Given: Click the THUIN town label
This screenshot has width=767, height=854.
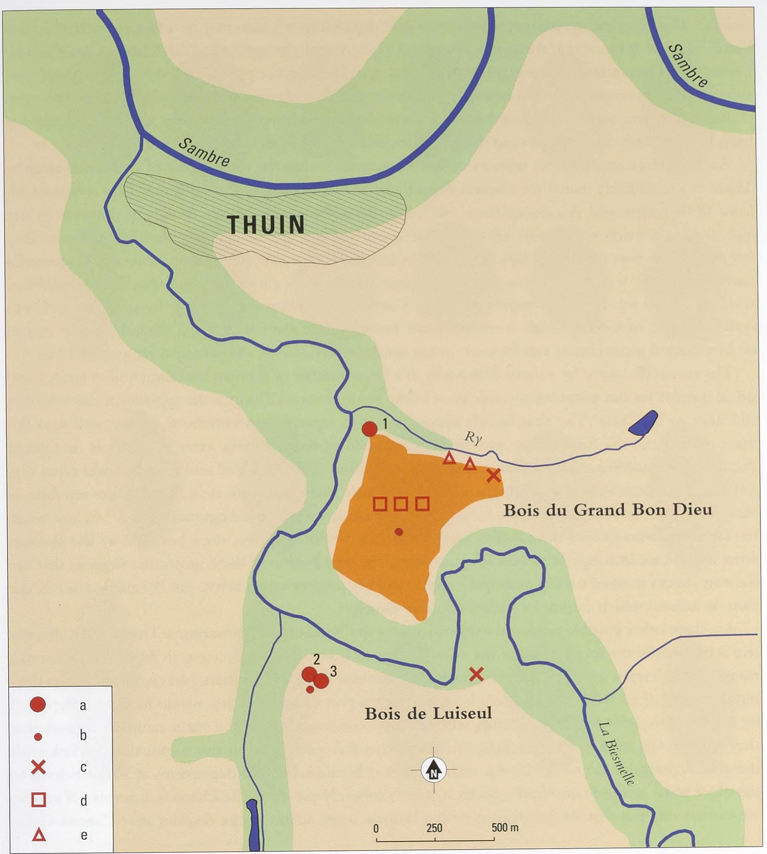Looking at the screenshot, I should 266,225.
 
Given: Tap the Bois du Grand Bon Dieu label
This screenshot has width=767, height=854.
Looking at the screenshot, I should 607,510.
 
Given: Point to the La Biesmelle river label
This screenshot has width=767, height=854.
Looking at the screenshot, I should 616,753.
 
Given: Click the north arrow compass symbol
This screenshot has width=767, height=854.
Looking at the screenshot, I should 434,770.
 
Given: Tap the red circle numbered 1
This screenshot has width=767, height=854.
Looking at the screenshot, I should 370,429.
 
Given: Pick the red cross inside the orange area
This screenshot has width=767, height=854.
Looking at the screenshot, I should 493,475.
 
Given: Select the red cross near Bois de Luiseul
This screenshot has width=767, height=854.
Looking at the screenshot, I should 476,674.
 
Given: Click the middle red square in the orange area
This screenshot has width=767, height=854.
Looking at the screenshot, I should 400,504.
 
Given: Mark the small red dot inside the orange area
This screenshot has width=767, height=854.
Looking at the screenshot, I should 398,531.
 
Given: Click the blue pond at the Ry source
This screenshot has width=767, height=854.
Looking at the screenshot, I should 643,422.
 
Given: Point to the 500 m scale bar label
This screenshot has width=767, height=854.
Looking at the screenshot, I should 505,827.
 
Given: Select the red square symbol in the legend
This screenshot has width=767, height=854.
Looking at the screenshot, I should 38,800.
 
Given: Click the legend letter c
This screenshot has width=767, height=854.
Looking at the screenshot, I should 83,767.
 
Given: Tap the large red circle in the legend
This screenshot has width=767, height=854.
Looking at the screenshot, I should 38,704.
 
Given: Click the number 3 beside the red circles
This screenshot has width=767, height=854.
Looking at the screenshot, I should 333,672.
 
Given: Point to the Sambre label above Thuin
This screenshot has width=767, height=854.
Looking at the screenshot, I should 204,152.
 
